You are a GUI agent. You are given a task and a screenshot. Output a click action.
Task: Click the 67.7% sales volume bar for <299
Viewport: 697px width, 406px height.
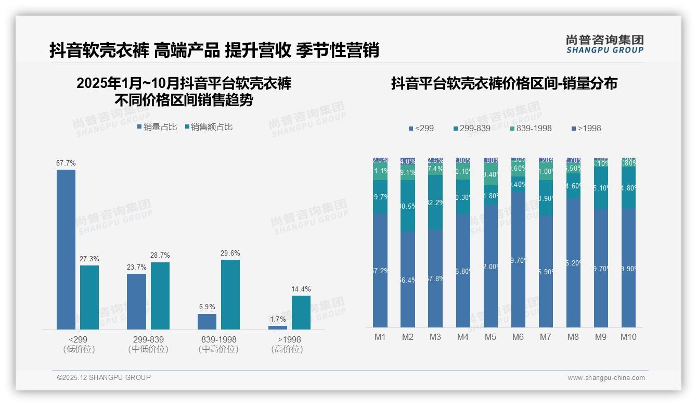point(66,249)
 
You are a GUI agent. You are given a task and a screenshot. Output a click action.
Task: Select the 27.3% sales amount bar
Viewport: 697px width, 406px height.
point(89,297)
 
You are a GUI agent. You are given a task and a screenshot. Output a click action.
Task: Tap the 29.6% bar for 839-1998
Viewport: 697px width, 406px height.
point(230,294)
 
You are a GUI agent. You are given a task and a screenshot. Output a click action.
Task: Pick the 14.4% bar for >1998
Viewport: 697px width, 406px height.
point(301,312)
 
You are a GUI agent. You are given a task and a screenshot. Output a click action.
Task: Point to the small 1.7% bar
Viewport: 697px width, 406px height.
point(278,327)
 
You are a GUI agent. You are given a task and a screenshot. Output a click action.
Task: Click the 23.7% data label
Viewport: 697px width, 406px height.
point(136,268)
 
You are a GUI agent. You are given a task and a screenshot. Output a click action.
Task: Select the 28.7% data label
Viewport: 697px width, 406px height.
point(160,256)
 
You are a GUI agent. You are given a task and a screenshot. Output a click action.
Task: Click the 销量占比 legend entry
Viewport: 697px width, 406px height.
point(157,127)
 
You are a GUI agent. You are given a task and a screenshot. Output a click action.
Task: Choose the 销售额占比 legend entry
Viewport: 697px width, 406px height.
point(209,127)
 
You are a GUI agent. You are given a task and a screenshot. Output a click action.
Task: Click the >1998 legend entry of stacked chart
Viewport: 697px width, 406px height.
point(586,128)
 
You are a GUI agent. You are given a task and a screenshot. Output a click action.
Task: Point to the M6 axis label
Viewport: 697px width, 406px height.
point(518,337)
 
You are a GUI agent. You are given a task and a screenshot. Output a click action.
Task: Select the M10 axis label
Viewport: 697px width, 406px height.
point(628,337)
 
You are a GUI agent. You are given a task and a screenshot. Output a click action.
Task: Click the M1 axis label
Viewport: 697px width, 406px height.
point(380,337)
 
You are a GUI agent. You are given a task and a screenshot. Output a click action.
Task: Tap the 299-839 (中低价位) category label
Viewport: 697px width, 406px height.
point(148,344)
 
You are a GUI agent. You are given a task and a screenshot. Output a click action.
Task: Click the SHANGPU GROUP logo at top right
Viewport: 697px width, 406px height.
point(604,44)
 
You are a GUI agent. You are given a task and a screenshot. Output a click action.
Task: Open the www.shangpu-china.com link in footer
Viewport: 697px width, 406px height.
point(606,378)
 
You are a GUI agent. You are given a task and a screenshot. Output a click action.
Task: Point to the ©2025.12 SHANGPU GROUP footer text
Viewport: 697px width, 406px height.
point(104,377)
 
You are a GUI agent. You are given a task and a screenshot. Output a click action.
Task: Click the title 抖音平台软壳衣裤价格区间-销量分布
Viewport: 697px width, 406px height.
point(504,83)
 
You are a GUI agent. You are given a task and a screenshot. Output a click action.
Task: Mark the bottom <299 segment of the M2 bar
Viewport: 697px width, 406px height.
point(408,280)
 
